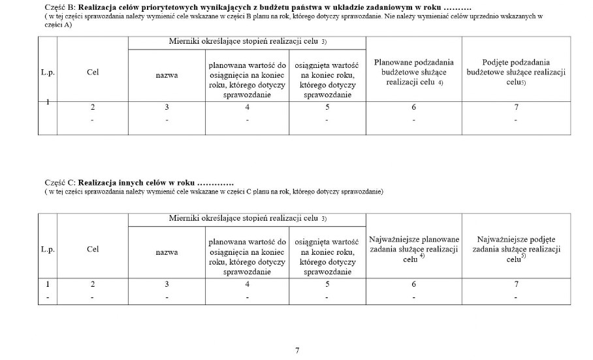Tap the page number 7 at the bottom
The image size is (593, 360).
click(x=297, y=351)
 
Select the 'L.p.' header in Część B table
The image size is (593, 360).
click(x=48, y=73)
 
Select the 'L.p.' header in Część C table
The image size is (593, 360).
click(x=48, y=249)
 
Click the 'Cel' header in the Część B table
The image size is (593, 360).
click(x=92, y=73)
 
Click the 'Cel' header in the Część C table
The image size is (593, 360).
click(x=92, y=249)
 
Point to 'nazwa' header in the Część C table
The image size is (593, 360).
click(x=167, y=252)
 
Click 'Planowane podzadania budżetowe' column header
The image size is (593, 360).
click(x=413, y=73)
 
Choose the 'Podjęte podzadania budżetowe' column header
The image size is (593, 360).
click(x=516, y=73)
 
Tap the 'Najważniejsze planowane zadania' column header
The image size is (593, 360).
click(x=414, y=249)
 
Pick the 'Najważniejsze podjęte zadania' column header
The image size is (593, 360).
click(x=516, y=249)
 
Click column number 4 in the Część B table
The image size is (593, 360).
click(x=247, y=107)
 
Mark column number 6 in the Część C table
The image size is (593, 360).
click(x=413, y=284)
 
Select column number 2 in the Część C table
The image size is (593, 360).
click(x=92, y=284)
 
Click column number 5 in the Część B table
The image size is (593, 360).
click(x=327, y=107)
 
